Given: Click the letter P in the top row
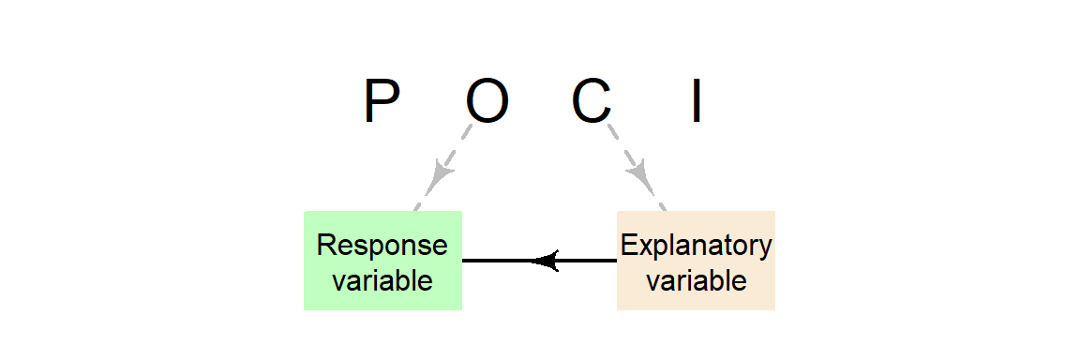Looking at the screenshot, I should (x=382, y=102).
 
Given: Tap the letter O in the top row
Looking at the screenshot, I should (x=487, y=102).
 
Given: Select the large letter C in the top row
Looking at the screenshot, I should (x=592, y=102).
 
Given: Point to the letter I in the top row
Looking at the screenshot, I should (x=697, y=102).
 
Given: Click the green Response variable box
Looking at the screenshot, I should (x=382, y=261).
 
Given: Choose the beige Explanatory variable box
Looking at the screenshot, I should (x=696, y=261).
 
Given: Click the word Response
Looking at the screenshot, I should (x=382, y=246).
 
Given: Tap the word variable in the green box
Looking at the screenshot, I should (x=382, y=279).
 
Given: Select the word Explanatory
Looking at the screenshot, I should (x=697, y=246).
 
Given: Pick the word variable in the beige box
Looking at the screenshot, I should (x=697, y=279).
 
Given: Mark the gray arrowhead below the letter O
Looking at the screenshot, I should (x=441, y=173).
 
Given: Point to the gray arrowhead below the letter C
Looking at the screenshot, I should (x=639, y=173).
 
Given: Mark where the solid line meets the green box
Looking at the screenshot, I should (x=463, y=261).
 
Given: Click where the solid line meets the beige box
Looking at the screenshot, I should (x=616, y=261).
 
